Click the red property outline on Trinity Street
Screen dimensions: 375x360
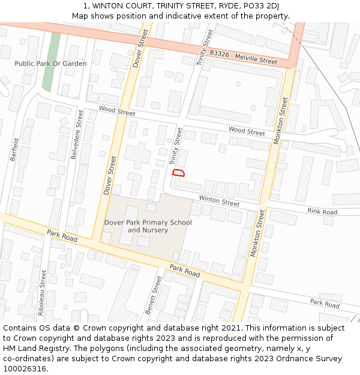click(178, 173)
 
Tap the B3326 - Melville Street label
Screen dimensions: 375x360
click(244, 58)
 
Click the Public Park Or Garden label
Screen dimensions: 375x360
click(50, 64)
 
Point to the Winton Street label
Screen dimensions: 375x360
click(219, 202)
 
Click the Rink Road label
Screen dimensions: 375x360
click(322, 211)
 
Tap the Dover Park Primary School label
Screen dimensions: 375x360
click(148, 223)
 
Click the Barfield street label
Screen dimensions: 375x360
click(14, 150)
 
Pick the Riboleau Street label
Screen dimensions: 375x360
click(41, 293)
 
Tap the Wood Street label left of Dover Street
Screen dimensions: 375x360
click(117, 112)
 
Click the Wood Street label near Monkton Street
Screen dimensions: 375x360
click(247, 131)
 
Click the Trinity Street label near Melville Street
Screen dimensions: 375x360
click(205, 48)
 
